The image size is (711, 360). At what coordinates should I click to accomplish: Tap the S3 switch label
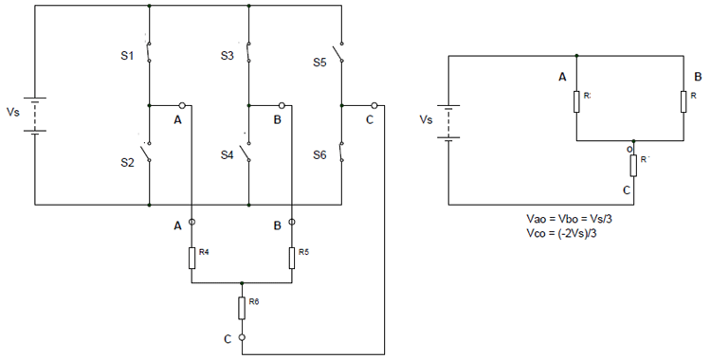pos(227,57)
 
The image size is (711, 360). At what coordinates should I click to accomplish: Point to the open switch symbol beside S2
pos(148,153)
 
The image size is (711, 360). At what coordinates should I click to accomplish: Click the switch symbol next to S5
pos(339,55)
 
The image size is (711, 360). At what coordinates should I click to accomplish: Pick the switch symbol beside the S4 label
pos(246,153)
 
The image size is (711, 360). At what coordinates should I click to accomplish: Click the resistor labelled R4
pos(191,255)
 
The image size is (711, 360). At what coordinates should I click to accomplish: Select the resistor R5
pos(291,255)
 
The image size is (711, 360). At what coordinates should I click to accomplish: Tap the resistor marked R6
pos(242,307)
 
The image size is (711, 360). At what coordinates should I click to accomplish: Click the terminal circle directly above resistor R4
pos(191,222)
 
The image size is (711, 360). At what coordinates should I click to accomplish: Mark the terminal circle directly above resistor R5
pos(291,222)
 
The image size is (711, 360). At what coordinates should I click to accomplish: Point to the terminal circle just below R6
pos(242,336)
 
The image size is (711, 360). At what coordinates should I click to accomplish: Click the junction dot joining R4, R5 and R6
pos(242,282)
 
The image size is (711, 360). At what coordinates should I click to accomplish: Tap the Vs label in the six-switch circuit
pos(12,112)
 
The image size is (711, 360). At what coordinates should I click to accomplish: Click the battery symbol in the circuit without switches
pos(448,121)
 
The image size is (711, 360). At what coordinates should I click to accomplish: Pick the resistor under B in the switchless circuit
pos(682,100)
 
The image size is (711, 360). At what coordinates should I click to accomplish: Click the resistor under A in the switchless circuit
pos(575,100)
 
